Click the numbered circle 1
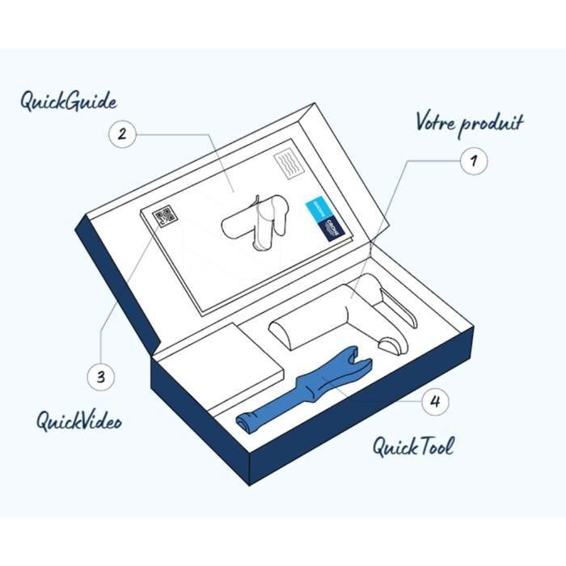pos(473,160)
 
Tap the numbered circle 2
pos(121,134)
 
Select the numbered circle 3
pos(100,377)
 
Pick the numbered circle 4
pos(434,401)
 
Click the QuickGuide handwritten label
pos(69,103)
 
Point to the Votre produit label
pos(469,123)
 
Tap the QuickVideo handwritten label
pos(78,420)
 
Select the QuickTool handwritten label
pos(412,446)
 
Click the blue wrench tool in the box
pos(303,392)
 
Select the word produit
pos(491,125)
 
